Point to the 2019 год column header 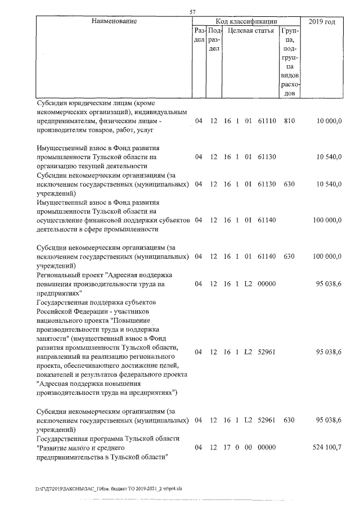(322, 21)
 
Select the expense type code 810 (289, 121)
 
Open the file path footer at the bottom (109, 488)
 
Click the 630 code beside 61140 (289, 256)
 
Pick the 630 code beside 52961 (289, 420)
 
